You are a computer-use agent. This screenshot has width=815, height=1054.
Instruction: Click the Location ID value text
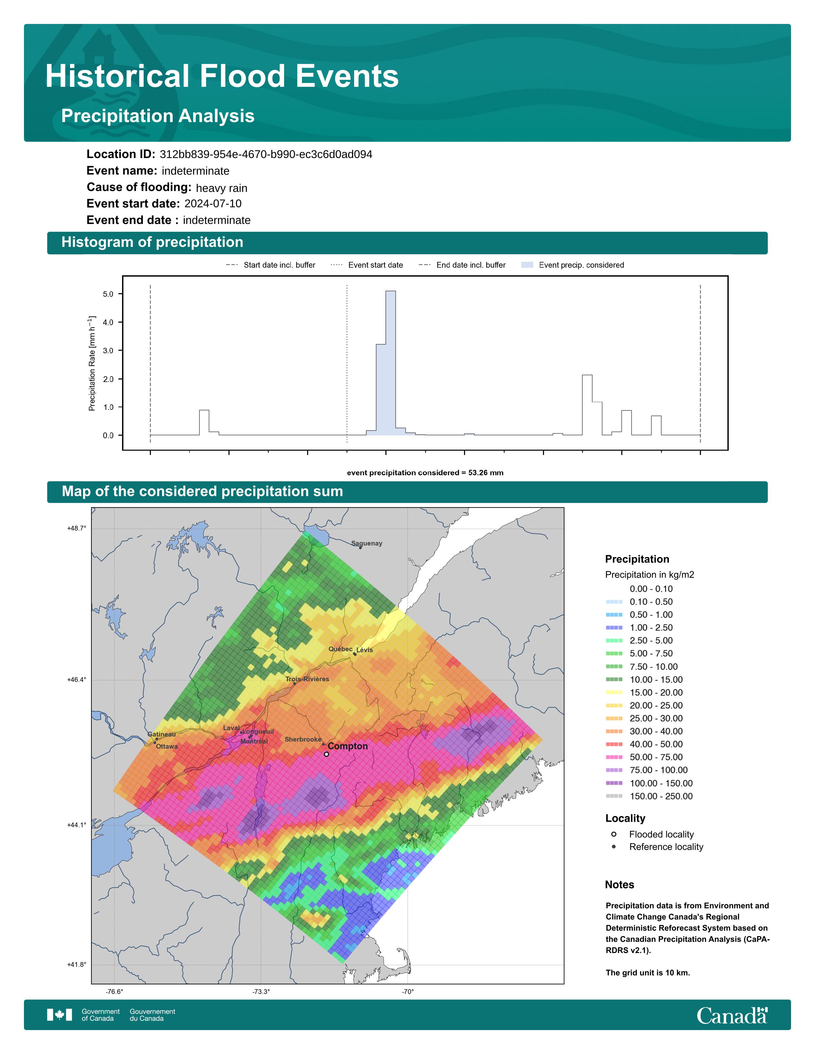(266, 155)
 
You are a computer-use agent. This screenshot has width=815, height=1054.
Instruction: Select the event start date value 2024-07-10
(213, 204)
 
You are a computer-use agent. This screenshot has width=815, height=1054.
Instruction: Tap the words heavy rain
(221, 188)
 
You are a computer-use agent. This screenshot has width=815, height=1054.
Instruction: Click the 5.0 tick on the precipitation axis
(108, 294)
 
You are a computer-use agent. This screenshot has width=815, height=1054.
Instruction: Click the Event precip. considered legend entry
(573, 265)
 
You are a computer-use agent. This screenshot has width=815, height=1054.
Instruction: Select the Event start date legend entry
(367, 265)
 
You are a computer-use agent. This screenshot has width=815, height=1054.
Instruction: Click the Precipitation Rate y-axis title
(92, 363)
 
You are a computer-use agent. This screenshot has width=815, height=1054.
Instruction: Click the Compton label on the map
(348, 746)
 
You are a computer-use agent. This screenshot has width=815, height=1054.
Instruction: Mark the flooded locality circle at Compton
(326, 754)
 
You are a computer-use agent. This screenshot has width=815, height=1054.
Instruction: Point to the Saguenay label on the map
(367, 543)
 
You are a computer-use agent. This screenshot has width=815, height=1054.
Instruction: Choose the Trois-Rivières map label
(307, 679)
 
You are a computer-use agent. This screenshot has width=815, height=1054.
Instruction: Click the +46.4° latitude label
(77, 680)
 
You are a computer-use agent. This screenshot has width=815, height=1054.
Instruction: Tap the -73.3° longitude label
(261, 992)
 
